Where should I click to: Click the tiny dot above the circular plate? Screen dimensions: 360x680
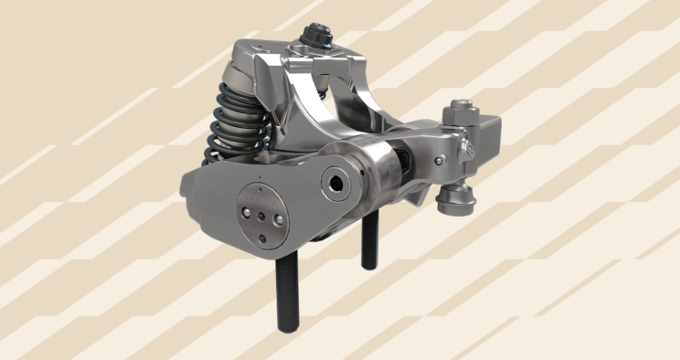point(260,176)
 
